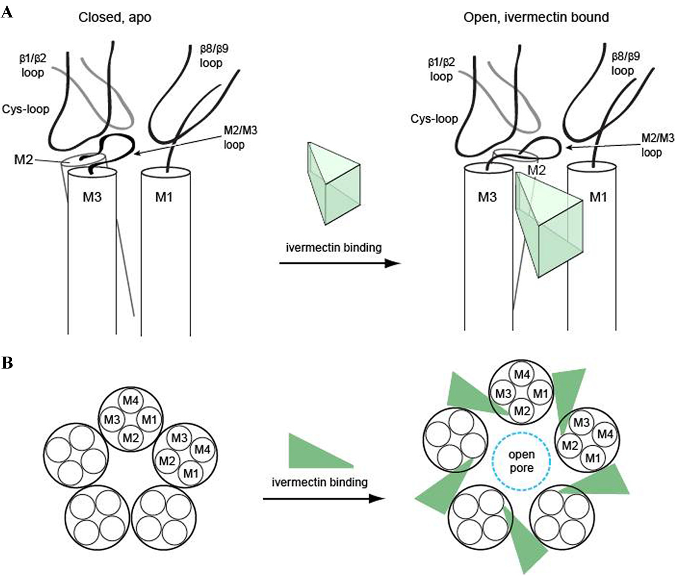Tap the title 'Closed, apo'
pyautogui.click(x=115, y=17)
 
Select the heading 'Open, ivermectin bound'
pyautogui.click(x=536, y=17)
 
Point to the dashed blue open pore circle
pyautogui.click(x=521, y=433)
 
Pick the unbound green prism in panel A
pyautogui.click(x=333, y=183)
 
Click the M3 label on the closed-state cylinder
pyautogui.click(x=92, y=197)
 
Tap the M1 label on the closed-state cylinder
pyautogui.click(x=164, y=197)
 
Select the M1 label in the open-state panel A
pyautogui.click(x=598, y=197)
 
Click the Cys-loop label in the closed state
pyautogui.click(x=25, y=109)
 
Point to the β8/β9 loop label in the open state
pyautogui.click(x=625, y=64)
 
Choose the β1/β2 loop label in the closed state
pyautogui.click(x=33, y=65)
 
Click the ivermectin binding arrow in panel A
pyautogui.click(x=340, y=263)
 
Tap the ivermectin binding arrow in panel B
pyautogui.click(x=323, y=498)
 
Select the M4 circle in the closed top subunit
pyautogui.click(x=130, y=401)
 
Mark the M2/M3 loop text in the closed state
pyautogui.click(x=241, y=137)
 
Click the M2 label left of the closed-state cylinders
pyautogui.click(x=23, y=160)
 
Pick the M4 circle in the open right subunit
pyautogui.click(x=605, y=434)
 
